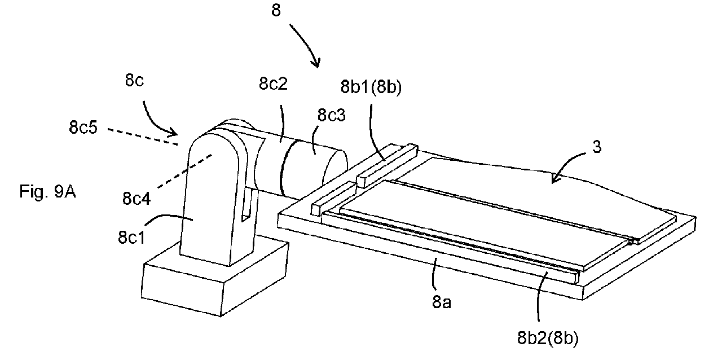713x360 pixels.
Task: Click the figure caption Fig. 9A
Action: coord(48,192)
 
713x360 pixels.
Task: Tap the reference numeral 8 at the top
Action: coord(276,10)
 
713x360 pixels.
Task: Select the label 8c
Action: coord(134,80)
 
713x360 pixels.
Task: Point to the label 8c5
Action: coord(83,128)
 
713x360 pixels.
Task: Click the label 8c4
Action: coord(137,199)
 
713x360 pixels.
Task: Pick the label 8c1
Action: coord(131,237)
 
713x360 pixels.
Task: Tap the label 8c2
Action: coord(273,84)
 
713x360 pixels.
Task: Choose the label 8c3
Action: coord(331,115)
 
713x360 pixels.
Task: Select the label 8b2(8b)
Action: coord(548,338)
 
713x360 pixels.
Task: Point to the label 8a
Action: coord(442,302)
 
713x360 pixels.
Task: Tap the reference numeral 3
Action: coord(597,147)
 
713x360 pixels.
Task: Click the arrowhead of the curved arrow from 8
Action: coord(316,63)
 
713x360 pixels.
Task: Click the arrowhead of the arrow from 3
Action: coord(556,179)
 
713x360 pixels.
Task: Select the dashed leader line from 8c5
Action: coord(142,137)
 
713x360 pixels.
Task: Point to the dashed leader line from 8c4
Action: coord(185,171)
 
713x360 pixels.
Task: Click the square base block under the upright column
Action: coord(215,279)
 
